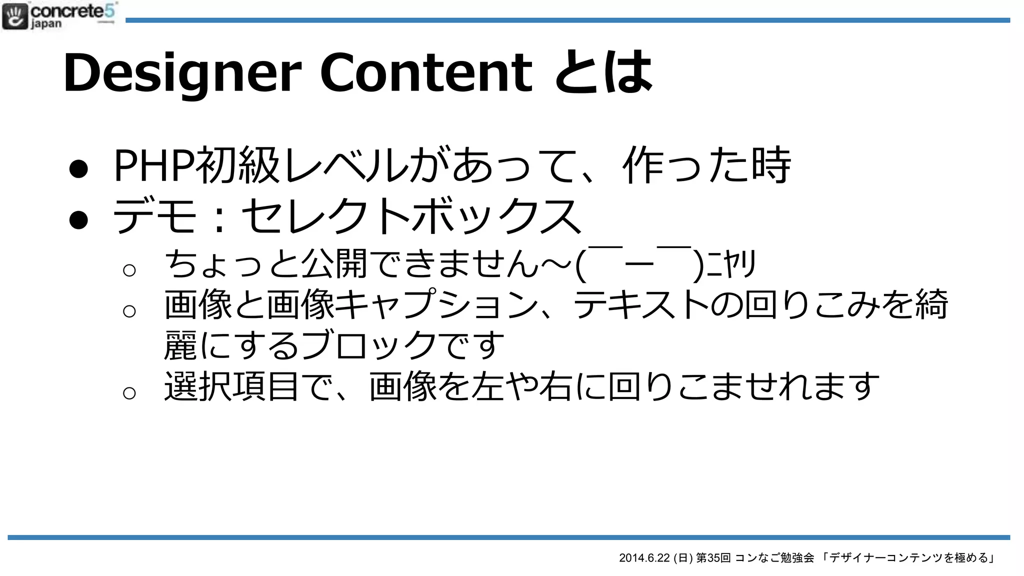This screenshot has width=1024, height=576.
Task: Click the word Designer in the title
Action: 182,73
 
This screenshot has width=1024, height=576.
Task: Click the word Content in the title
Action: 426,73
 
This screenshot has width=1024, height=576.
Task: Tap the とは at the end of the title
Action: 603,73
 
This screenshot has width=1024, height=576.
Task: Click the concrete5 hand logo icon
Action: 15,16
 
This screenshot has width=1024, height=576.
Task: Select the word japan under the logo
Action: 46,24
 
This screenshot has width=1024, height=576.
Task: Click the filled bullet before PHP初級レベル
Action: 79,168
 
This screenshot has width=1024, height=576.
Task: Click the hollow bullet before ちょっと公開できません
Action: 129,270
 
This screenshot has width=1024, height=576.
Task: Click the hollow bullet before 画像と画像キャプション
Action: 129,311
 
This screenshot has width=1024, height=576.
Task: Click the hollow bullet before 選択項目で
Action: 129,393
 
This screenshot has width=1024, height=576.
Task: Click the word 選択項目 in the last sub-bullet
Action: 232,386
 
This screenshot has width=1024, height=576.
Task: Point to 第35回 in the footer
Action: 713,558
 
